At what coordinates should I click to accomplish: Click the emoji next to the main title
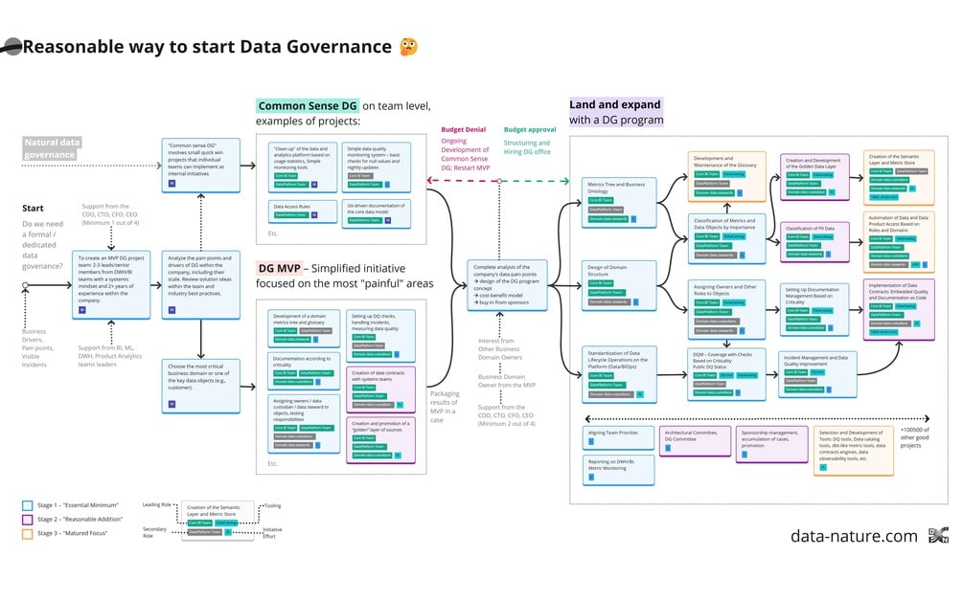pyautogui.click(x=408, y=47)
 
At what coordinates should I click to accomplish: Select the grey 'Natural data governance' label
pyautogui.click(x=53, y=147)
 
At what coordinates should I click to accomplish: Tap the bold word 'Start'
pyautogui.click(x=33, y=208)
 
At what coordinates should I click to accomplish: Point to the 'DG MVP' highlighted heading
pyautogui.click(x=280, y=268)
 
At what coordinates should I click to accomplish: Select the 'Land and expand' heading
pyautogui.click(x=615, y=104)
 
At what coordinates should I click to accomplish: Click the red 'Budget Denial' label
pyautogui.click(x=463, y=129)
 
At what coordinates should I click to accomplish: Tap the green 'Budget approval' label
pyautogui.click(x=530, y=129)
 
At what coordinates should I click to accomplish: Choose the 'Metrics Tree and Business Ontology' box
pyautogui.click(x=618, y=200)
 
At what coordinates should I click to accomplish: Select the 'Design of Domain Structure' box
pyautogui.click(x=618, y=283)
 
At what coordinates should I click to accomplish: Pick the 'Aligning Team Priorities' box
pyautogui.click(x=618, y=437)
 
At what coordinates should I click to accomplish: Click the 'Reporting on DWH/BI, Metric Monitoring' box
pyautogui.click(x=618, y=469)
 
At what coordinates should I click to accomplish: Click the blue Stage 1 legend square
pyautogui.click(x=28, y=504)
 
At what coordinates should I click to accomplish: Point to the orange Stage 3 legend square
pyautogui.click(x=28, y=532)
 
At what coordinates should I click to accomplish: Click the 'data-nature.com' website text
pyautogui.click(x=854, y=536)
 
